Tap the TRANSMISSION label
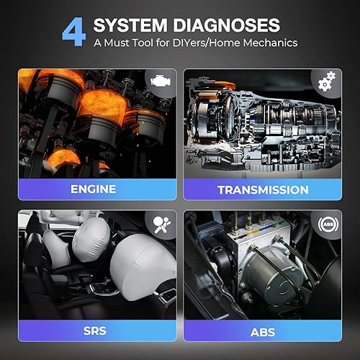[263, 189]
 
